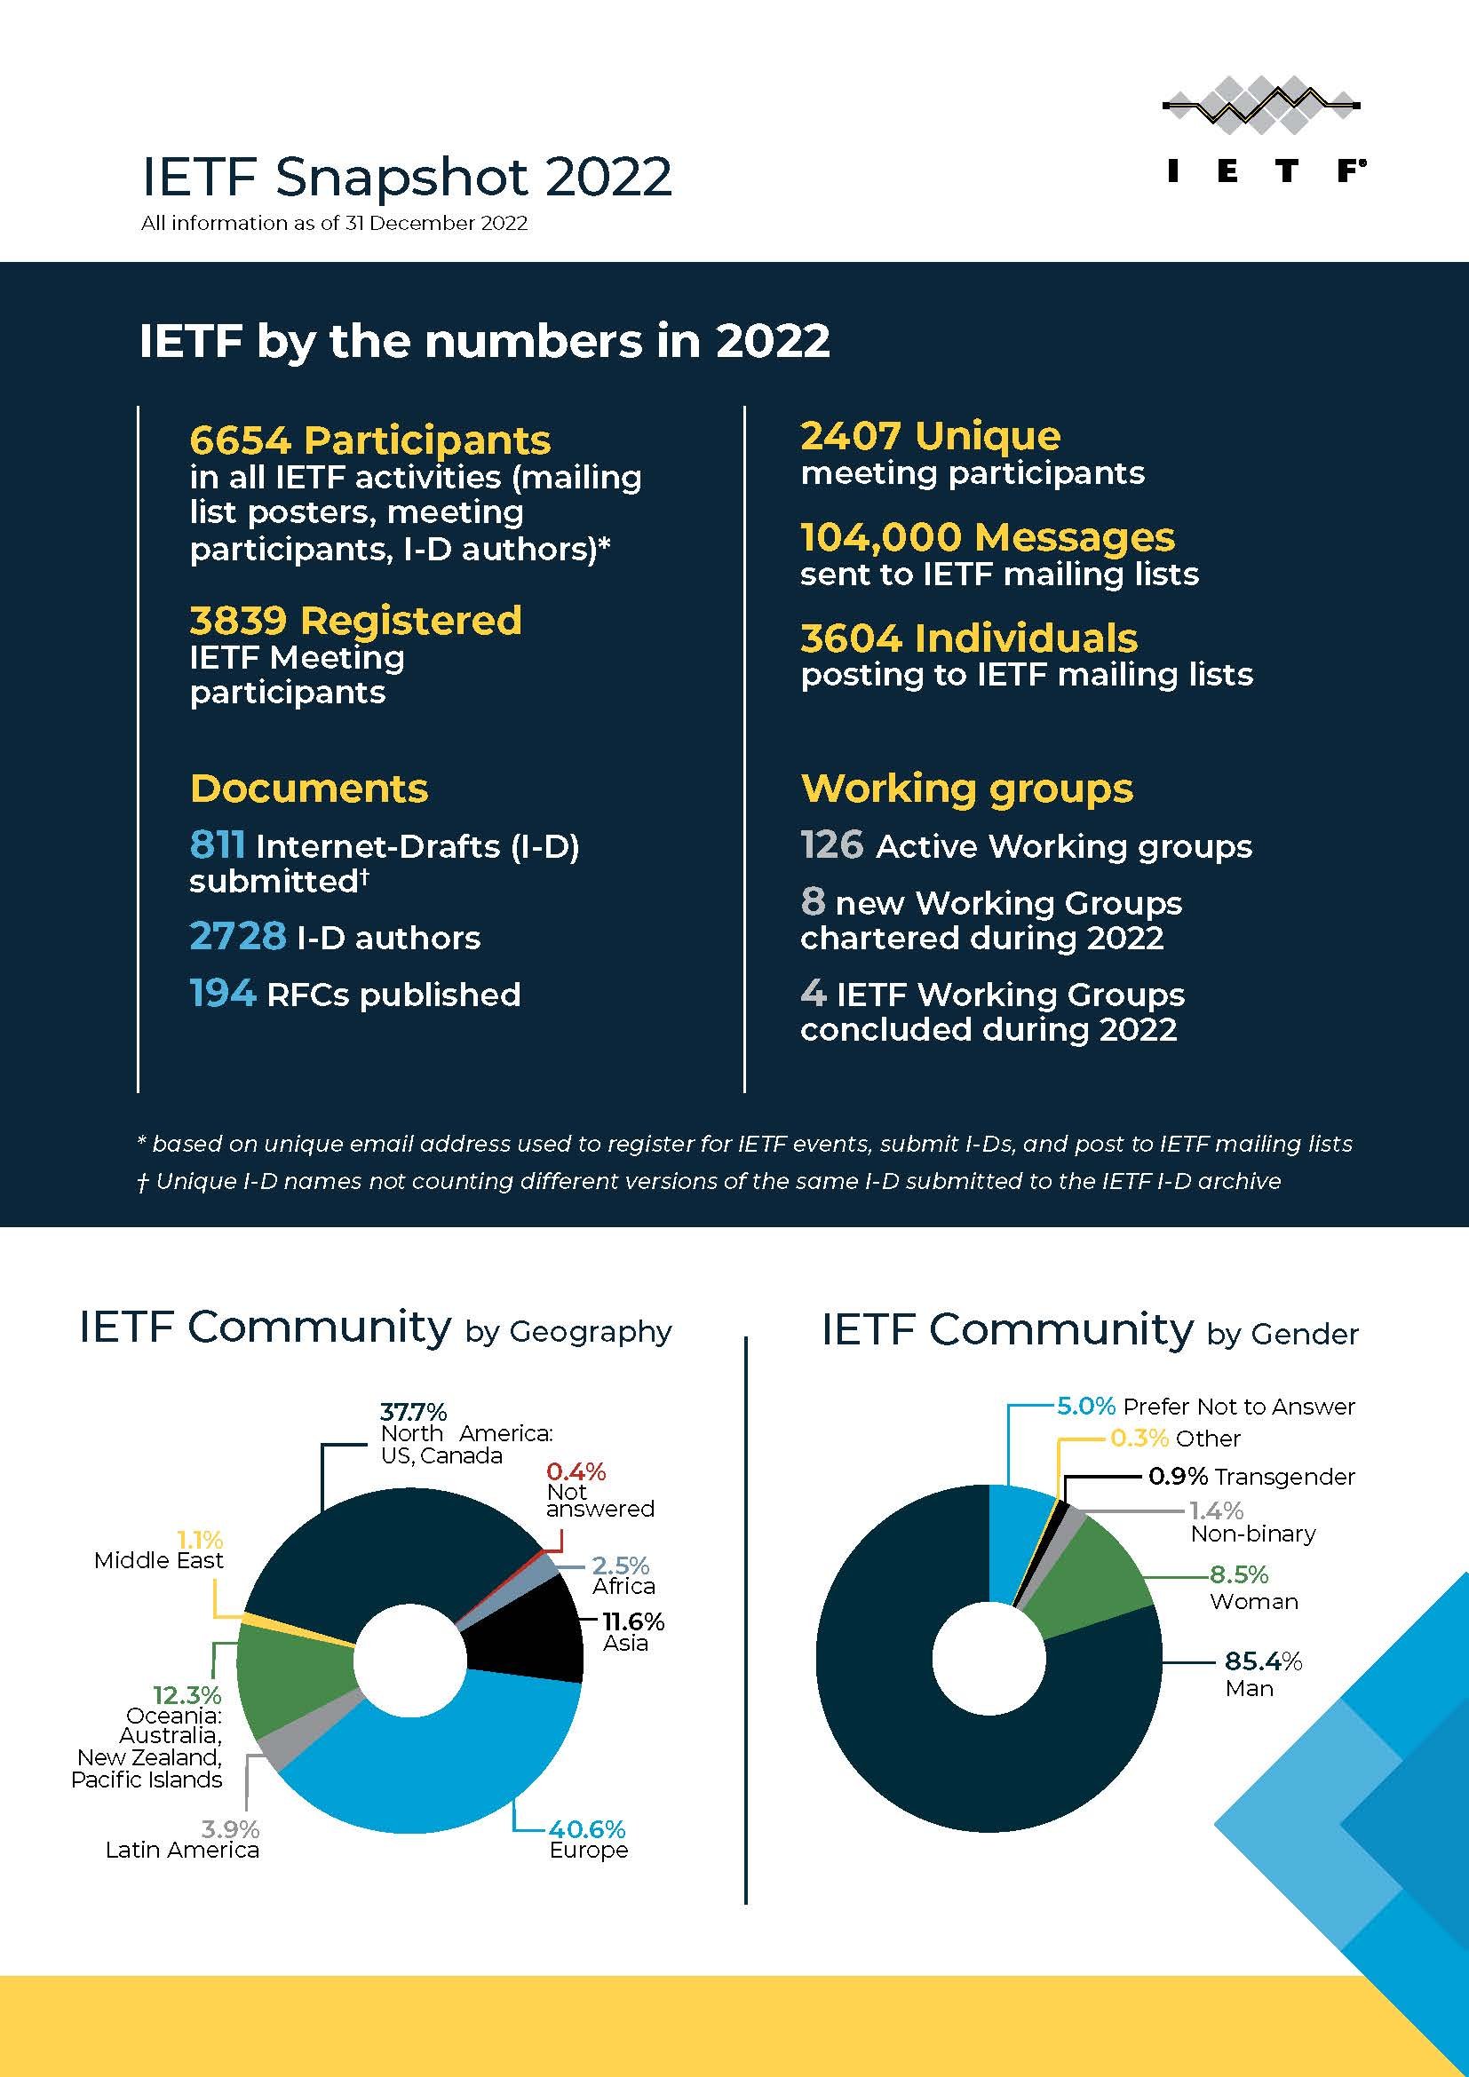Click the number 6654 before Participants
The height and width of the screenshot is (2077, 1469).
(240, 440)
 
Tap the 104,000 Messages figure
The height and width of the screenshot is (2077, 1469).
(987, 537)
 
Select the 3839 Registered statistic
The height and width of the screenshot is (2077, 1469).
(355, 621)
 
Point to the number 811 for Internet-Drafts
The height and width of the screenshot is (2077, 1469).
(217, 844)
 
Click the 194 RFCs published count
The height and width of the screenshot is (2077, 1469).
(223, 994)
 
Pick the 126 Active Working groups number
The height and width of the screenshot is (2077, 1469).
(832, 844)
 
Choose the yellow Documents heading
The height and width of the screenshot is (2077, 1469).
(308, 788)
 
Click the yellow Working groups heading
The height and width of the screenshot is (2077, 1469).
(966, 788)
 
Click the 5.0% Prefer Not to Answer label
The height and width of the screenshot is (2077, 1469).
(1206, 1406)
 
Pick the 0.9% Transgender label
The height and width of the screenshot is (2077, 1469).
(1251, 1477)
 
